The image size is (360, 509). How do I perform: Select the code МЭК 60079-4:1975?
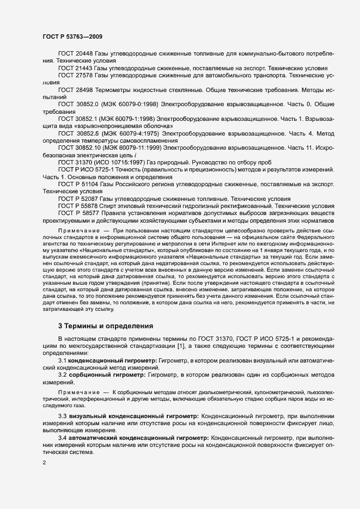click(x=131, y=132)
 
